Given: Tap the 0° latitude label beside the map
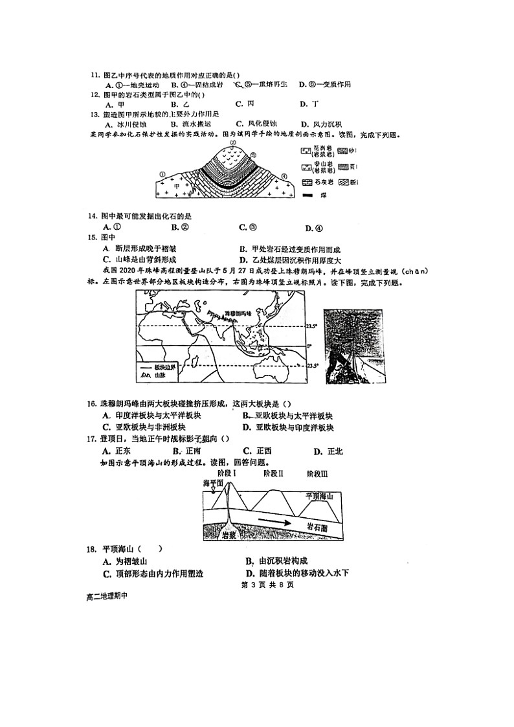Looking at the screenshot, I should (x=309, y=346).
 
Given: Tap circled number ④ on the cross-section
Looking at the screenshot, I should (x=284, y=175).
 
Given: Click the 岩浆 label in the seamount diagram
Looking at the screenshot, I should (x=228, y=535).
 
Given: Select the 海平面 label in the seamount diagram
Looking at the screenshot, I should (x=213, y=483).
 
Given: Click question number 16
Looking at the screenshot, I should (x=93, y=404).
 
